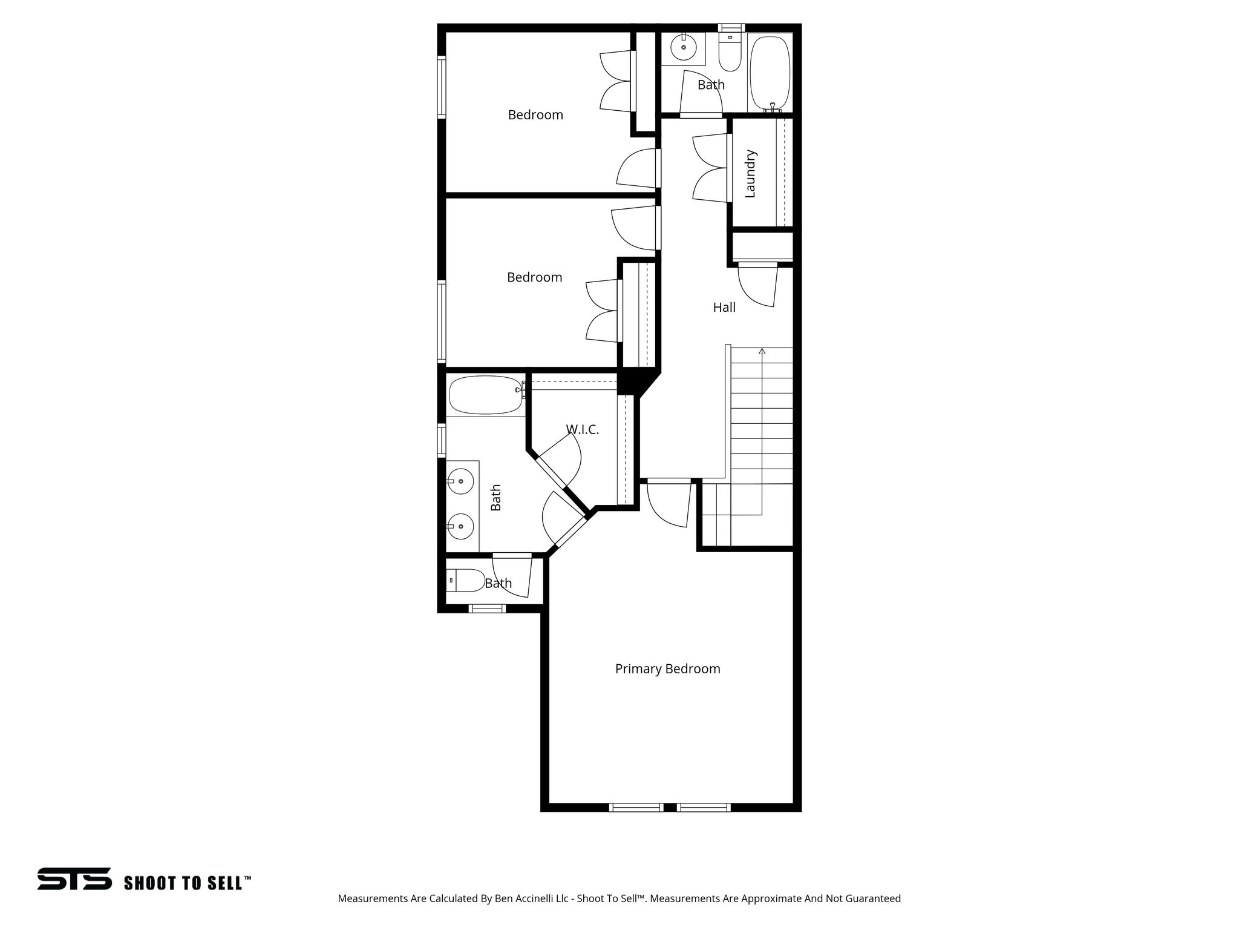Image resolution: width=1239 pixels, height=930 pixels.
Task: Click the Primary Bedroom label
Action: point(667,669)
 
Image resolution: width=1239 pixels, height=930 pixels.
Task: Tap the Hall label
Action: point(724,308)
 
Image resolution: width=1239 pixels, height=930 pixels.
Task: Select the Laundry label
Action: point(750,174)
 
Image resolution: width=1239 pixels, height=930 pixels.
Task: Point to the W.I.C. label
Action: point(582,430)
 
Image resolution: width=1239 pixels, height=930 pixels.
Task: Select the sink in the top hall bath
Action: point(684,48)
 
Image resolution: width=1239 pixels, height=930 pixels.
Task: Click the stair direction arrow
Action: point(762,351)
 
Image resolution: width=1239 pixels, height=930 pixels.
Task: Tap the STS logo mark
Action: point(74,879)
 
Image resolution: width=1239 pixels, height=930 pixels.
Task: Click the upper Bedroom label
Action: point(535,115)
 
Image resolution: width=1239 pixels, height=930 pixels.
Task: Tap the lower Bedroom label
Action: point(534,277)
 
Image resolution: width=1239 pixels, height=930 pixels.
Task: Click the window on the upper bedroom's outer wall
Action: point(442,86)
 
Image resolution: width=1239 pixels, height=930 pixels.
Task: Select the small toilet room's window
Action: point(488,608)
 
